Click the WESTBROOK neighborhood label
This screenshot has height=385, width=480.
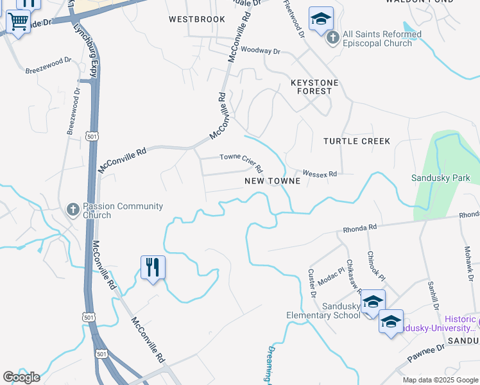click(197, 19)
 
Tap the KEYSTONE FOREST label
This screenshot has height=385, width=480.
click(314, 87)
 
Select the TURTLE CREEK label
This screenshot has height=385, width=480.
click(357, 141)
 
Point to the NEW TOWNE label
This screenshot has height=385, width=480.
click(273, 182)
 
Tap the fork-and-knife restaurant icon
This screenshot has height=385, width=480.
click(153, 267)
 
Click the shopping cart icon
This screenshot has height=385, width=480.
click(18, 22)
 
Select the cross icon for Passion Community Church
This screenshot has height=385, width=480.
click(73, 209)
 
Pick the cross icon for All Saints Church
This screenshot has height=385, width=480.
click(332, 38)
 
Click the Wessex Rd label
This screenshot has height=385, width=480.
click(320, 174)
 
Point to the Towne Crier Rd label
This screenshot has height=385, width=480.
click(241, 162)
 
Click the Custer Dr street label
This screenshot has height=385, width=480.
click(313, 283)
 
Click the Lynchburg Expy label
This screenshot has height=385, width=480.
click(85, 51)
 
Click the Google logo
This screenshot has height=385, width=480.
click(21, 377)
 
